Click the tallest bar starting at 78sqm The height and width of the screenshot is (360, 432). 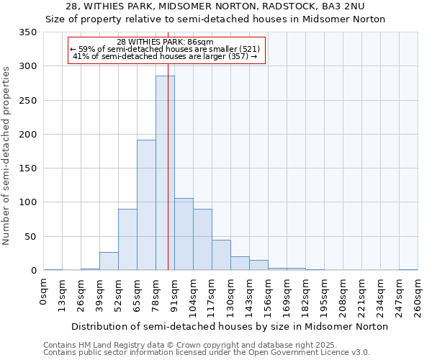(x=165, y=173)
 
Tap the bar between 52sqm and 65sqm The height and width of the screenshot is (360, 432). (x=127, y=240)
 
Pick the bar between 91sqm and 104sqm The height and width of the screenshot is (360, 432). (x=184, y=234)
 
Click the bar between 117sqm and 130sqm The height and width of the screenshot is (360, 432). (x=221, y=255)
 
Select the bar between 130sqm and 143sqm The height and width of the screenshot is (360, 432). (x=240, y=264)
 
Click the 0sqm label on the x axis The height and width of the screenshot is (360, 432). (x=44, y=292)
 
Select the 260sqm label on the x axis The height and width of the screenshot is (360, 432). (x=418, y=296)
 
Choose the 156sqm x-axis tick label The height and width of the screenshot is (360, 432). (x=268, y=296)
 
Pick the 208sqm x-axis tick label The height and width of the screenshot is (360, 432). (x=343, y=296)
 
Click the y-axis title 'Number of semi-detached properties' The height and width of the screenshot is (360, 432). (x=6, y=155)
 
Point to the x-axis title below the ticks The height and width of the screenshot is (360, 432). (x=230, y=326)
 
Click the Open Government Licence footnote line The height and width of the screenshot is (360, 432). (x=206, y=352)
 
